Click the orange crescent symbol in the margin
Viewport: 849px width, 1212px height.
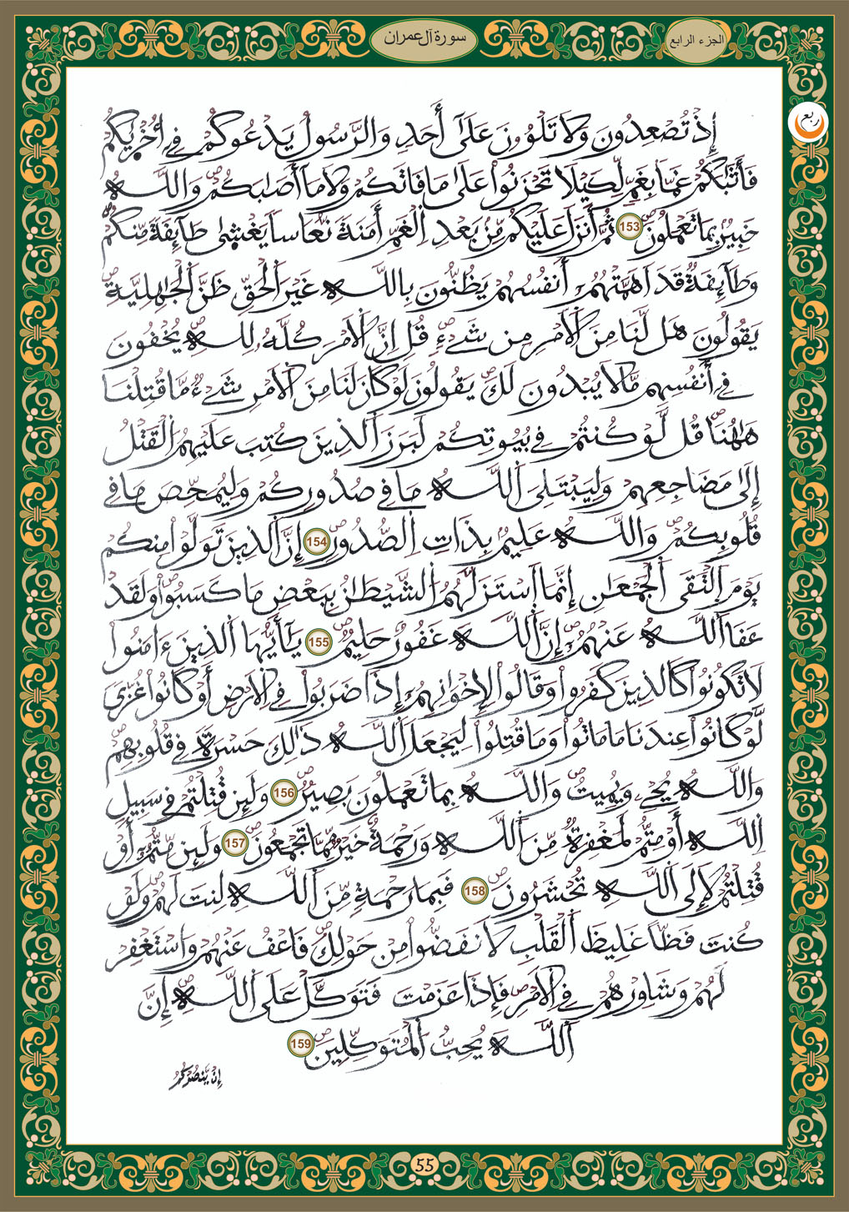pos(804,123)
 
